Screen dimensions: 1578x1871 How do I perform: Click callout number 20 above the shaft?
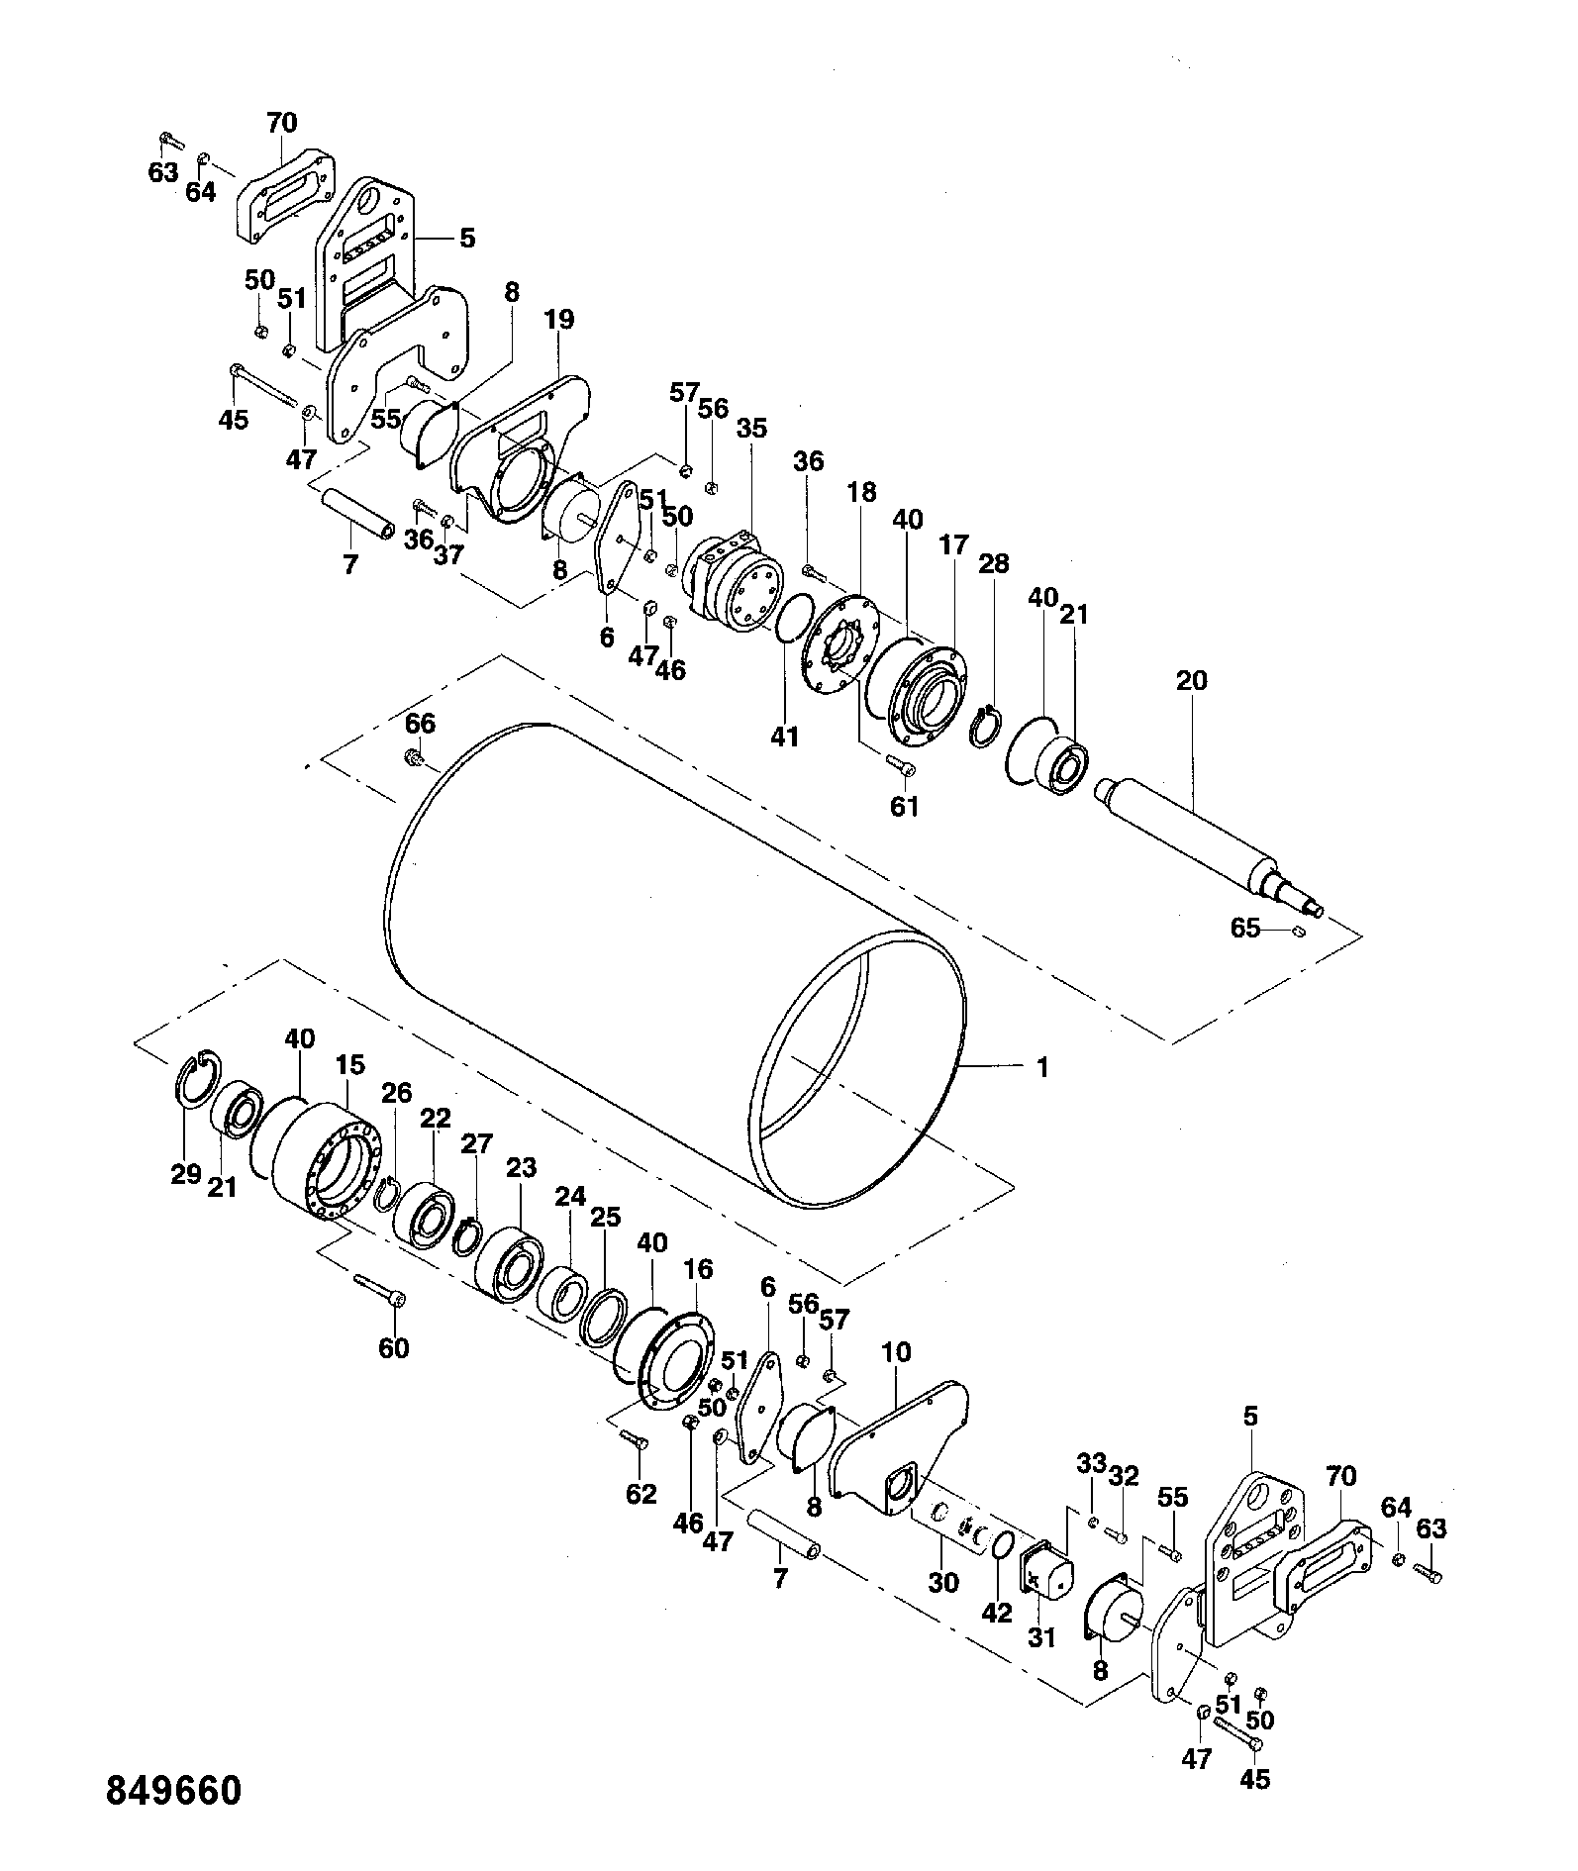[x=1192, y=680]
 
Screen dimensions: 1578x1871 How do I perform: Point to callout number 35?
[x=751, y=428]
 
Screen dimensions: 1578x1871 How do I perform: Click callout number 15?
[x=349, y=1065]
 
